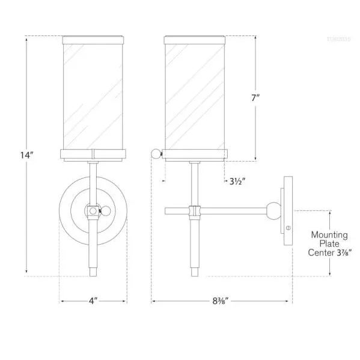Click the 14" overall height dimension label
26,155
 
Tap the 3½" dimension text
236,180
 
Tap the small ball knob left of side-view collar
156,153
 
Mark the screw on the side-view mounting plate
288,228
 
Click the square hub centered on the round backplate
92,211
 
